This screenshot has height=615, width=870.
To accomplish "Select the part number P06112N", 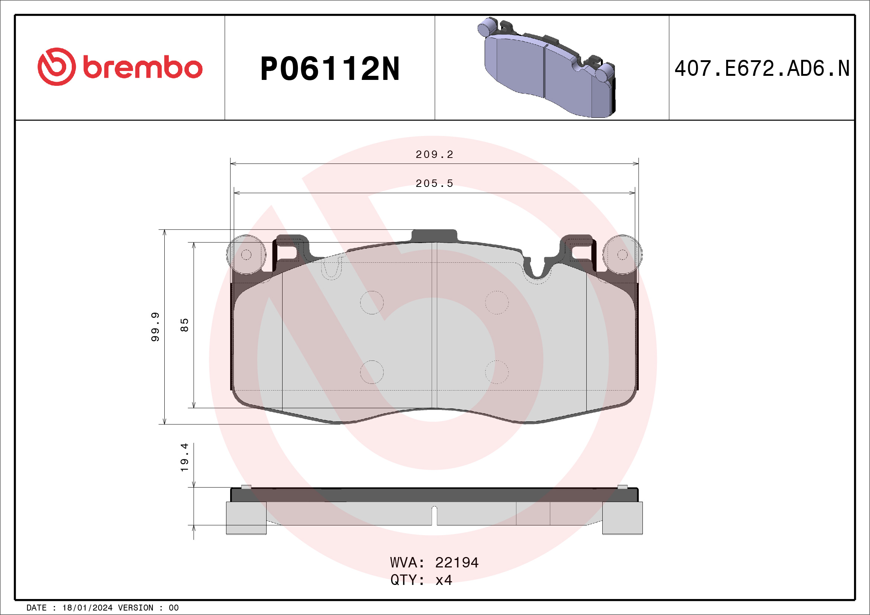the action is tap(330, 69).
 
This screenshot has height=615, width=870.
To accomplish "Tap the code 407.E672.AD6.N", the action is tap(762, 68).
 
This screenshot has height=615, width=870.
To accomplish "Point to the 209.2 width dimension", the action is tap(434, 155).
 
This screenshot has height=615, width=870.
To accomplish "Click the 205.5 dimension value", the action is tap(434, 184).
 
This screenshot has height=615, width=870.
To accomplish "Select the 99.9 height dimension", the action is tap(155, 327).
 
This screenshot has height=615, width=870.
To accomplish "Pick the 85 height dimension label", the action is tap(184, 325).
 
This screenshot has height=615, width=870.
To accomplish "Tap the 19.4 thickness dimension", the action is tap(184, 457).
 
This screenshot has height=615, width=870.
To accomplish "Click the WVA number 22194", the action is tap(457, 563).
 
